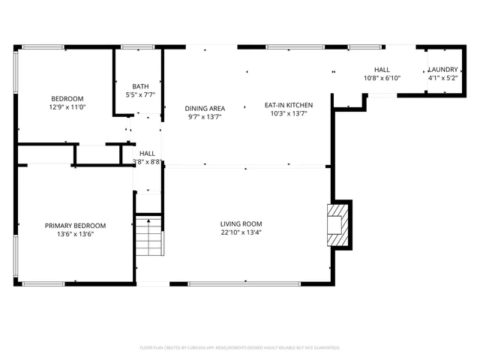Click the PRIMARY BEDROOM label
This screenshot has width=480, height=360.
tap(75, 225)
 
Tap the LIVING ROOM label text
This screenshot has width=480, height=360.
tap(241, 223)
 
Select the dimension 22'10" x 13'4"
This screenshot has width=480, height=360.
tap(241, 232)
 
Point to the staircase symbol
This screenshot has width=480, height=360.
tap(149, 237)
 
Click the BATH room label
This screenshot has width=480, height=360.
tap(140, 85)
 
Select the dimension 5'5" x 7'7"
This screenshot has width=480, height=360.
tap(140, 94)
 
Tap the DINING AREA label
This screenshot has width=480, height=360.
tap(205, 108)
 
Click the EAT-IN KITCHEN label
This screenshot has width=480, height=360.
tap(288, 105)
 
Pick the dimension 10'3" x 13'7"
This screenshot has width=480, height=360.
tap(288, 114)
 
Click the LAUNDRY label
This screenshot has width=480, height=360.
tap(442, 69)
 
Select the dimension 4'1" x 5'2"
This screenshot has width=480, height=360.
tap(442, 78)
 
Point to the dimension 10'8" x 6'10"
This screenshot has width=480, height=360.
tap(382, 78)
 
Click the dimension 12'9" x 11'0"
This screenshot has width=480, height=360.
tap(67, 108)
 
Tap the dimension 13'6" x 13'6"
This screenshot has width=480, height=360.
tap(75, 234)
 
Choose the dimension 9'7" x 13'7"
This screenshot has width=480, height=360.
tap(205, 117)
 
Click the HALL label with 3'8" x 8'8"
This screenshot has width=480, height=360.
tap(147, 153)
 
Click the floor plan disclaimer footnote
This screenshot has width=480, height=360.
tap(240, 348)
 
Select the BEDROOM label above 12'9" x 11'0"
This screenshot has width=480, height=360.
tap(67, 99)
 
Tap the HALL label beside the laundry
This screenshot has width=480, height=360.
tap(382, 69)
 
